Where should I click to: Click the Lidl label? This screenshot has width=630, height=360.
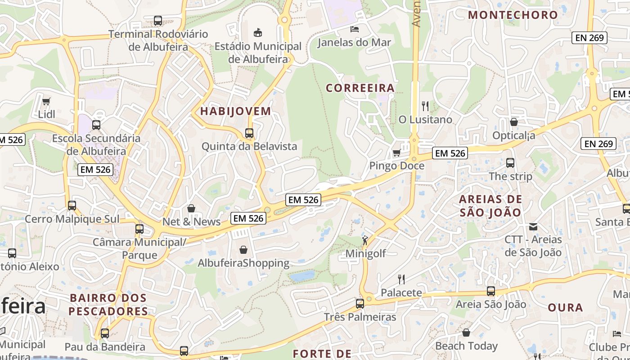point(46,114)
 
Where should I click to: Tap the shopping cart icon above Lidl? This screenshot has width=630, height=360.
point(46,101)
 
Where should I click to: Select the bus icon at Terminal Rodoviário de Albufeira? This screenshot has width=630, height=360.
point(157,20)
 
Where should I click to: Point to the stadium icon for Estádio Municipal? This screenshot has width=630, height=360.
point(258,32)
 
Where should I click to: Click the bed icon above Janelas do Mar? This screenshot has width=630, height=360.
point(355,29)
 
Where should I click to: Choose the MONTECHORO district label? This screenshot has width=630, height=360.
point(513,15)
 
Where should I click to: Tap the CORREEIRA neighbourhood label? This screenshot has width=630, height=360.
point(360,88)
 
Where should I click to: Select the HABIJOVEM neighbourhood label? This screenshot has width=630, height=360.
point(236,111)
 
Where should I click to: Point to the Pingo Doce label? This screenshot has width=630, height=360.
point(396,166)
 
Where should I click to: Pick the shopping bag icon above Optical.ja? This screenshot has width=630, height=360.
point(514,122)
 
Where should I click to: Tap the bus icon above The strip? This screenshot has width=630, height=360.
point(510,163)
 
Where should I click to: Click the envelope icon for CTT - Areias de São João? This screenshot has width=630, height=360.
point(533,226)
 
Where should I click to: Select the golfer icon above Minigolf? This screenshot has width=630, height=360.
point(365,240)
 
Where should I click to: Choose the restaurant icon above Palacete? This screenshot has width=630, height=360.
point(401,279)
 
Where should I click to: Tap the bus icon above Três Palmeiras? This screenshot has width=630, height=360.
point(360,304)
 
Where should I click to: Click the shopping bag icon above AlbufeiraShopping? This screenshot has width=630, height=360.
point(243,249)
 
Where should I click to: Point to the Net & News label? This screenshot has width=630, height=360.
point(192,221)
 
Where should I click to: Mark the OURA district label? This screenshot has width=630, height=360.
point(565,308)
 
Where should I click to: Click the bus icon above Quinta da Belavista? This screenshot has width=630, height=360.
point(249,133)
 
